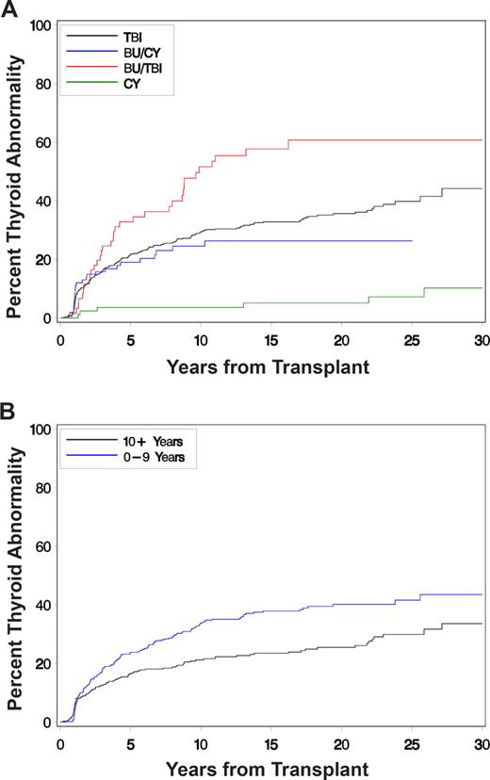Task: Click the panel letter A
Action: [x=8, y=8]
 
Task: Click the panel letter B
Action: [x=8, y=411]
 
